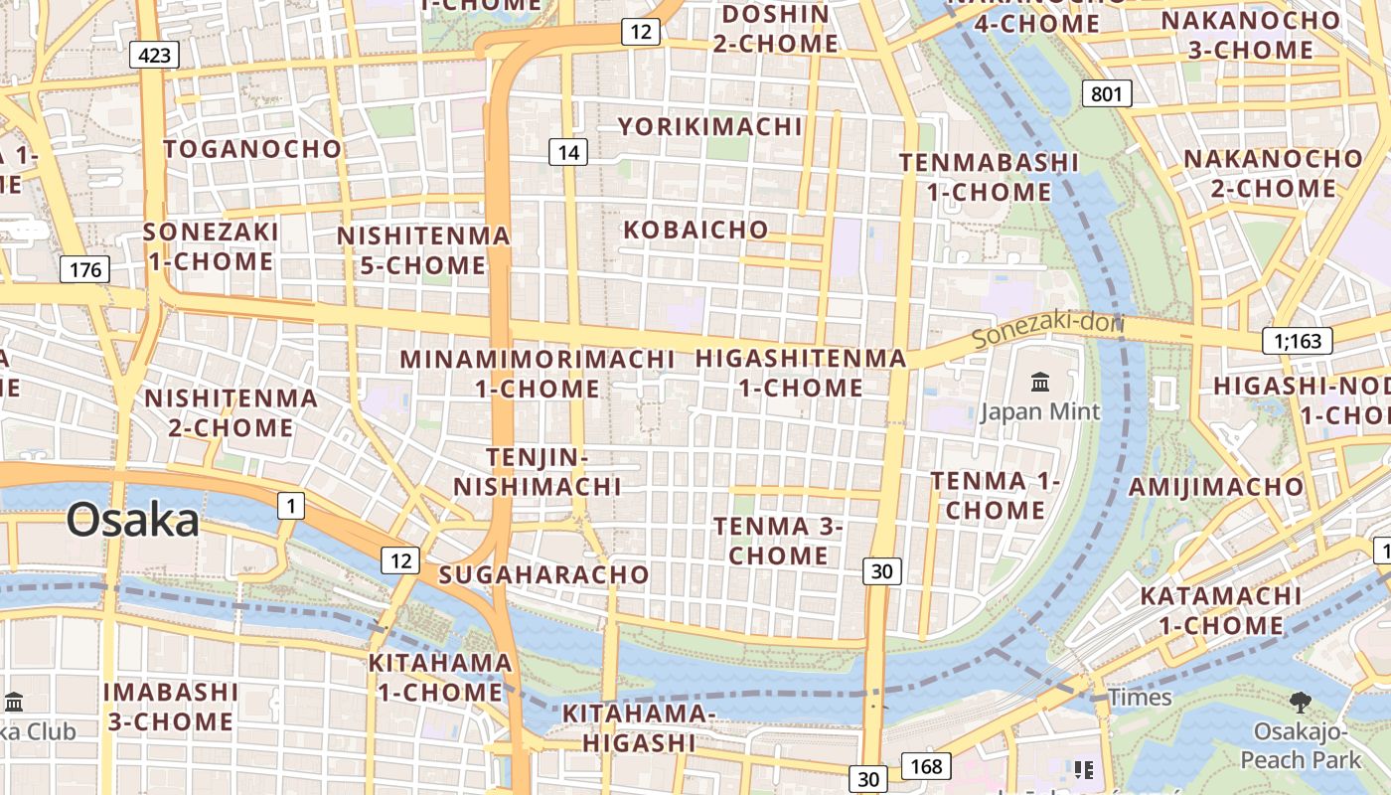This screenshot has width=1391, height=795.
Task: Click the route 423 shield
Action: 154,55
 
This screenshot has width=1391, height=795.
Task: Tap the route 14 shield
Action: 568,152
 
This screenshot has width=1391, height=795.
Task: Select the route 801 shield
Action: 1106,94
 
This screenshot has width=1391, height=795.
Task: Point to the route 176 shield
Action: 84,269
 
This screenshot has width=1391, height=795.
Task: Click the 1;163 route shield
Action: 1298,341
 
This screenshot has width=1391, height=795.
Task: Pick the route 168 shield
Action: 926,766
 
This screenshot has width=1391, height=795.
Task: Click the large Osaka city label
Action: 133,521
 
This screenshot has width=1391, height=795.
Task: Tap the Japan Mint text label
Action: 1040,411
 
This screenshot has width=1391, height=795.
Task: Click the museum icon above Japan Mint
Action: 1040,382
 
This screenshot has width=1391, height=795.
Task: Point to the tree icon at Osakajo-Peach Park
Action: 1300,703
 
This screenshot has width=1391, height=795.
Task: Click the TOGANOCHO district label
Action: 252,149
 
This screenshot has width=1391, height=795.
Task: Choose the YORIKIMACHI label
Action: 710,126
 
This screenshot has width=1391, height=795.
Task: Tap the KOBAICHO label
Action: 695,230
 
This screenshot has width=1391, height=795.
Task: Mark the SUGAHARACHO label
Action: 543,574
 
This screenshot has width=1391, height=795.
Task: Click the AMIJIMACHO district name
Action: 1216,486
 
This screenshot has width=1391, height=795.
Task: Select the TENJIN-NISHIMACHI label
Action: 538,472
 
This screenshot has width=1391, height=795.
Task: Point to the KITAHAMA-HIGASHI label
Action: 639,727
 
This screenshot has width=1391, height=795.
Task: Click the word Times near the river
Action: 1141,698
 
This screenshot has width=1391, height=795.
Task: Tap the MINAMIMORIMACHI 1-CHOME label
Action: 538,373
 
